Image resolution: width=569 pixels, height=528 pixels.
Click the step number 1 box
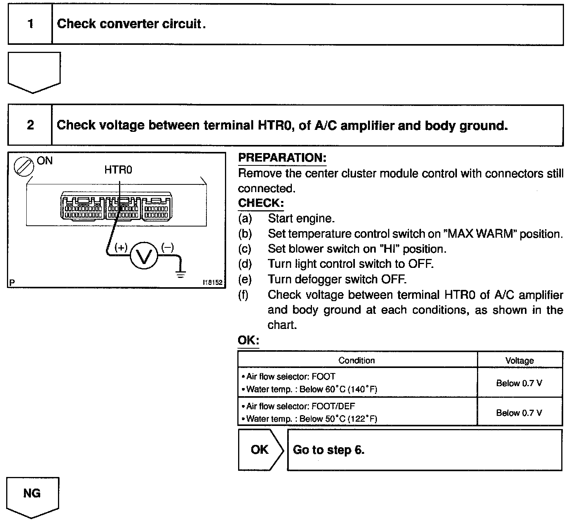pos(30,24)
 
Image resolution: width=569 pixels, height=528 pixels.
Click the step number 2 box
pos(30,125)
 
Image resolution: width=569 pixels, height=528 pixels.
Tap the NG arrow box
pos(32,496)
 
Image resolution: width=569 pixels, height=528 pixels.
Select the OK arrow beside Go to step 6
pos(261,450)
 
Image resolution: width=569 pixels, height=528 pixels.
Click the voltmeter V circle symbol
pos(144,256)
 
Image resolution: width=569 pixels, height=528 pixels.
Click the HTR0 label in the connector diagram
pos(118,170)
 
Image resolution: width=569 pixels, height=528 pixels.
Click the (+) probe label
pos(121,247)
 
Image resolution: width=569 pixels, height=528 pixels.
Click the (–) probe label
pos(167,247)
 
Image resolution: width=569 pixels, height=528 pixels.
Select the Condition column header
pos(356,360)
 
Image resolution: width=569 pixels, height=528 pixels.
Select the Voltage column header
pos(520,361)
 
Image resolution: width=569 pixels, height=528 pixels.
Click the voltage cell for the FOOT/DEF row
pos(519,413)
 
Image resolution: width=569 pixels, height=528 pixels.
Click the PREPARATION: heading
pos(282,158)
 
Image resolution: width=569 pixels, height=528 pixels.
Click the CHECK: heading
pos(261,203)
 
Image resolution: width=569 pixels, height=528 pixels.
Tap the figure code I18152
pos(213,283)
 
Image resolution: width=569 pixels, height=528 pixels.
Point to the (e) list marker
pos(245,279)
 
